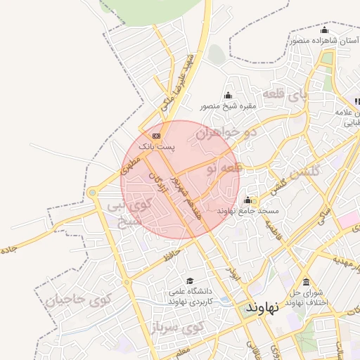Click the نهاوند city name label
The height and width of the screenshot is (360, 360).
pyautogui.click(x=263, y=307)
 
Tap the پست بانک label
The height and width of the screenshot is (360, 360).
pyautogui.click(x=155, y=146)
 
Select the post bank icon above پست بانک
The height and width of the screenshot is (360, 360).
pyautogui.click(x=156, y=135)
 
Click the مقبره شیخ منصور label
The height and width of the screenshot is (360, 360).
pyautogui.click(x=228, y=106)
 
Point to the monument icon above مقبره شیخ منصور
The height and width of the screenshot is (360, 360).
pyautogui.click(x=228, y=96)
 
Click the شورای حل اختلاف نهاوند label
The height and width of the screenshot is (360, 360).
pyautogui.click(x=304, y=297)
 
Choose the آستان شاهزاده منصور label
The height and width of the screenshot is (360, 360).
pyautogui.click(x=323, y=41)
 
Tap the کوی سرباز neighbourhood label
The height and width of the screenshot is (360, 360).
pyautogui.click(x=178, y=327)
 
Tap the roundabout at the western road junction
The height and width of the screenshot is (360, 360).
pyautogui.click(x=92, y=192)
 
